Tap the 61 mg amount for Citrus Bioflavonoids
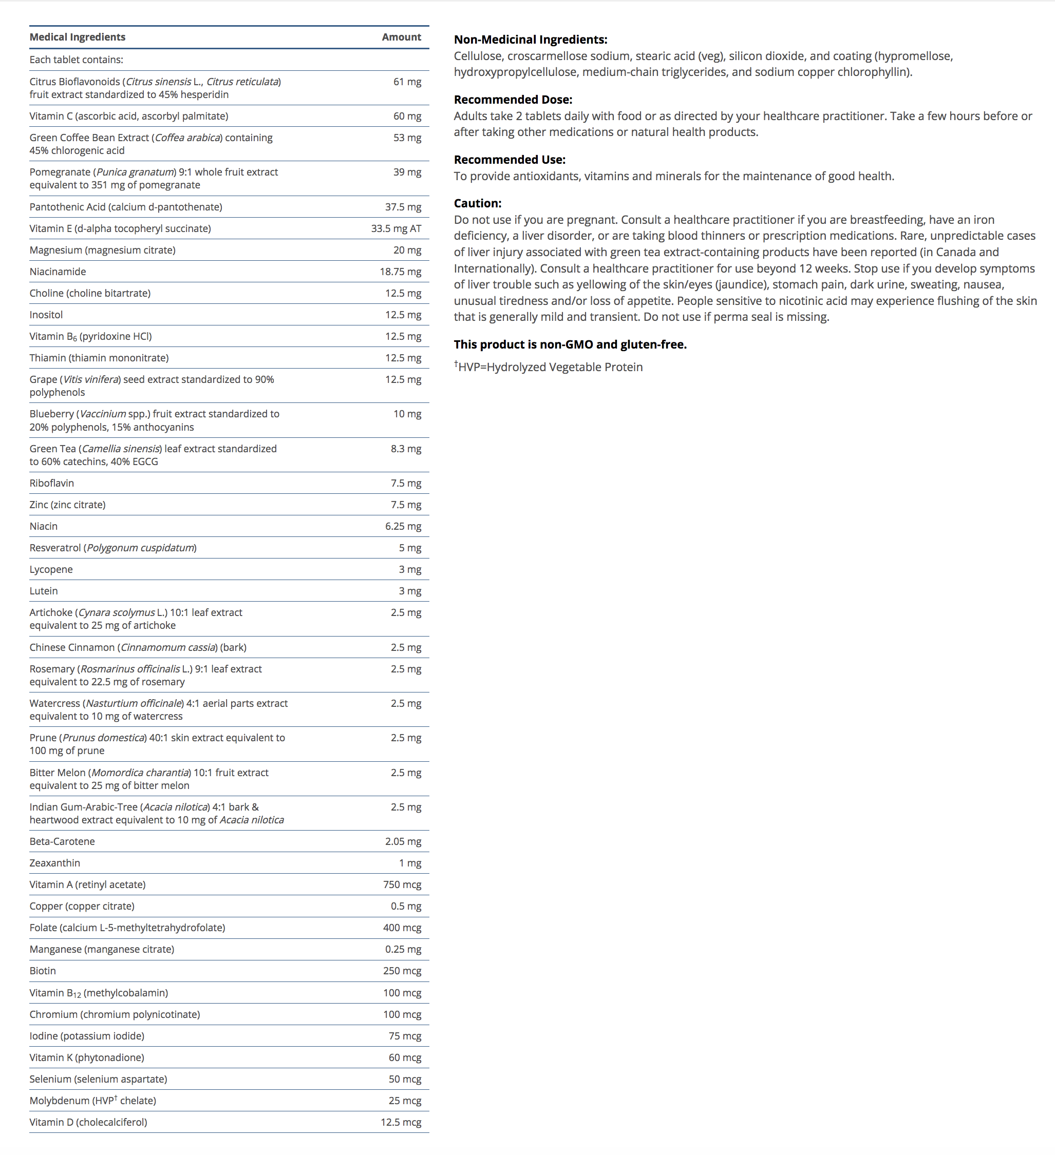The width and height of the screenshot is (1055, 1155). point(407,82)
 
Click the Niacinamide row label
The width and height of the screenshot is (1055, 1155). point(58,272)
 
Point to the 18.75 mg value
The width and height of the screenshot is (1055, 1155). point(400,272)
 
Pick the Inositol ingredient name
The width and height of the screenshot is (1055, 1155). point(46,315)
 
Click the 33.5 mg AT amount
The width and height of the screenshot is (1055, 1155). point(396,228)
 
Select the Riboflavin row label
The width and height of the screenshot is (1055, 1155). point(51,483)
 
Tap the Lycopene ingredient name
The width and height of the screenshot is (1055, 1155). point(51,569)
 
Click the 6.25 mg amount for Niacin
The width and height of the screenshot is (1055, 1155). point(403,526)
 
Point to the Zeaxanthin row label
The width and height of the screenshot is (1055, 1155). point(55,863)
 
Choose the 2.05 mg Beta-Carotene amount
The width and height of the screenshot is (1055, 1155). point(403,841)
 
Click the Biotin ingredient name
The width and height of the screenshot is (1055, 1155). point(43,971)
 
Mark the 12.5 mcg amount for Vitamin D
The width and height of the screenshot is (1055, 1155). point(401,1122)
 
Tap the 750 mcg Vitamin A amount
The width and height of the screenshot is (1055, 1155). point(402,884)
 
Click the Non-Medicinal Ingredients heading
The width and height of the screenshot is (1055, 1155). point(531,40)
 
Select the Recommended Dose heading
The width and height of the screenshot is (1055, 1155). point(513,100)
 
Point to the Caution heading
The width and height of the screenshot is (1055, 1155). point(478,203)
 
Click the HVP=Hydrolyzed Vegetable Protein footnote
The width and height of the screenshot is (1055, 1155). point(549,367)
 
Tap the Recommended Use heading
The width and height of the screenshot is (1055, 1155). point(510,160)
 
